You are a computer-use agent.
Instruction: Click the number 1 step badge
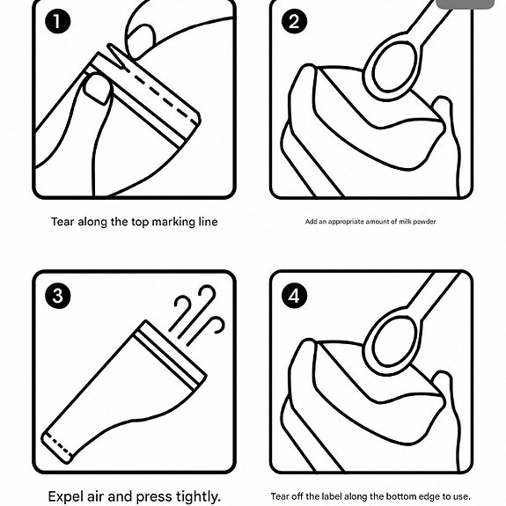point(57,21)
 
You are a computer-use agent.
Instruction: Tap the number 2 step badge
point(294,21)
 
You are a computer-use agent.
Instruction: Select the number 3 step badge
point(58,296)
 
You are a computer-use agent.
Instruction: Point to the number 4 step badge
point(294,296)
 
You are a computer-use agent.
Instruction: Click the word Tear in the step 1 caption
point(63,222)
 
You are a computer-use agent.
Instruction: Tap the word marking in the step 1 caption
point(169,223)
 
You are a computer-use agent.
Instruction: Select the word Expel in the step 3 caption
point(66,496)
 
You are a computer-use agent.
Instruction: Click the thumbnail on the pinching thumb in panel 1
point(97,90)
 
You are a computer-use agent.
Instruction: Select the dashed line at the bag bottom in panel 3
point(59,445)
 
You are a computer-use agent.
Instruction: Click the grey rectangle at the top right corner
point(465,4)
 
